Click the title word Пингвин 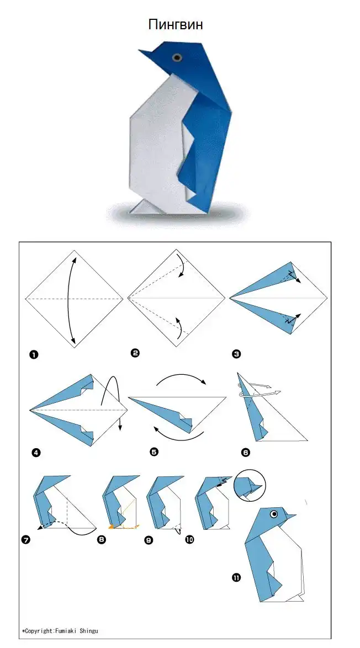(x=176, y=25)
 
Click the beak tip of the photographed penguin (x=139, y=51)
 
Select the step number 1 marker (x=34, y=354)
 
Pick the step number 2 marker (x=135, y=353)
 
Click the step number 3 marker (x=236, y=354)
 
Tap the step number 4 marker (x=36, y=453)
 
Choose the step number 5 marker (x=154, y=452)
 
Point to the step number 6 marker (x=246, y=453)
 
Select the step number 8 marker (x=101, y=539)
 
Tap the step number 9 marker (x=149, y=540)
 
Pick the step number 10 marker (x=190, y=539)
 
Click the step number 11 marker (x=236, y=578)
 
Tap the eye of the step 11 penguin (x=274, y=514)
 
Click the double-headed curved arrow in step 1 (x=66, y=300)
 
